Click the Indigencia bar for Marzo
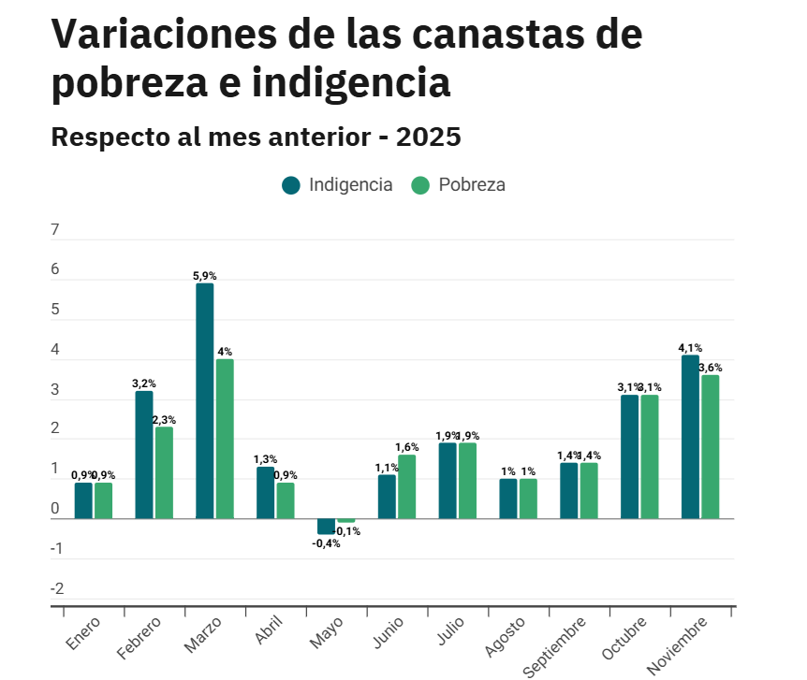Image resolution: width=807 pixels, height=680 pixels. pos(205,400)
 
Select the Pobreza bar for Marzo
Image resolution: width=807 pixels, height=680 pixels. pos(225,439)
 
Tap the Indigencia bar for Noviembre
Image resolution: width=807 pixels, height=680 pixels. pos(690,437)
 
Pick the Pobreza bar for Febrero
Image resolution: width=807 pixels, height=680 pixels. pos(165,472)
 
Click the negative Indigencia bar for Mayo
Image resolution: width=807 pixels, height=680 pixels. pos(326,527)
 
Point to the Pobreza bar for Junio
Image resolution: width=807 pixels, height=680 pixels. pos(407,486)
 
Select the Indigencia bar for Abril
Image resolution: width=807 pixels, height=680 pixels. pos(266,492)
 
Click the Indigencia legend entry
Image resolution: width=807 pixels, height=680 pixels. pos(337,184)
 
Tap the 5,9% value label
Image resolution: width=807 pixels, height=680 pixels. pos(205,276)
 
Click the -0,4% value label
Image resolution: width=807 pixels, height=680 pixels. pos(326,543)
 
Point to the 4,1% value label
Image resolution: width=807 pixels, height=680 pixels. pos(690,348)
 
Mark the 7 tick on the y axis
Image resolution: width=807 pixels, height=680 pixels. pos(55,230)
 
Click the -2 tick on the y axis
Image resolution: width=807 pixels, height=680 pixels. pos(57,589)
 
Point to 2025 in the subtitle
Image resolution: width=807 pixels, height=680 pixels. pos(429,137)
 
